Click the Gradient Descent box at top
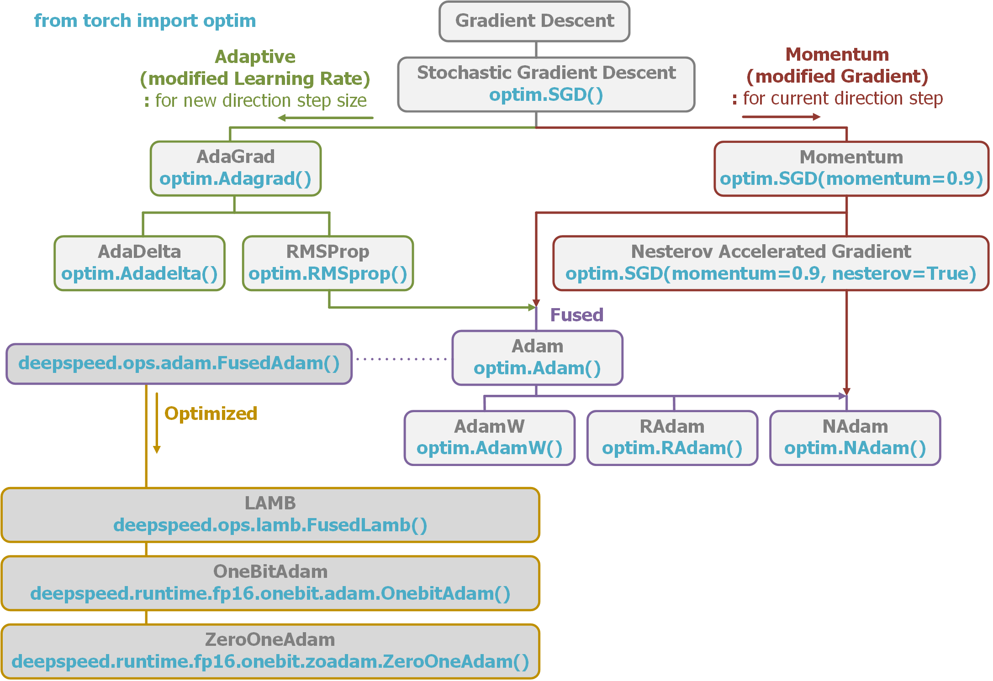[x=534, y=21]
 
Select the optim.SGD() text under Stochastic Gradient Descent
[x=546, y=94]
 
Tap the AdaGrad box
[x=236, y=168]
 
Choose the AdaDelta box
[x=139, y=263]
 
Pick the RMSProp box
[x=328, y=263]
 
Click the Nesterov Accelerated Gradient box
[x=771, y=263]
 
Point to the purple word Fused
[x=576, y=315]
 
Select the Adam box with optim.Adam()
[x=537, y=358]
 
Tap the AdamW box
[x=489, y=438]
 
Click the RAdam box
[x=672, y=438]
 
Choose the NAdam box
[x=855, y=438]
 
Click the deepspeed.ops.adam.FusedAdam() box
[x=179, y=364]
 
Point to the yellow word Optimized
[x=211, y=414]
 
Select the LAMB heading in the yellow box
[x=270, y=503]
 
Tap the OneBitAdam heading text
[x=270, y=571]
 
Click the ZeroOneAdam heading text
[x=270, y=639]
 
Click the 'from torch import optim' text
[x=145, y=21]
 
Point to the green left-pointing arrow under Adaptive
[x=325, y=118]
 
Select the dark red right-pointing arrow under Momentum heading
[x=781, y=117]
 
